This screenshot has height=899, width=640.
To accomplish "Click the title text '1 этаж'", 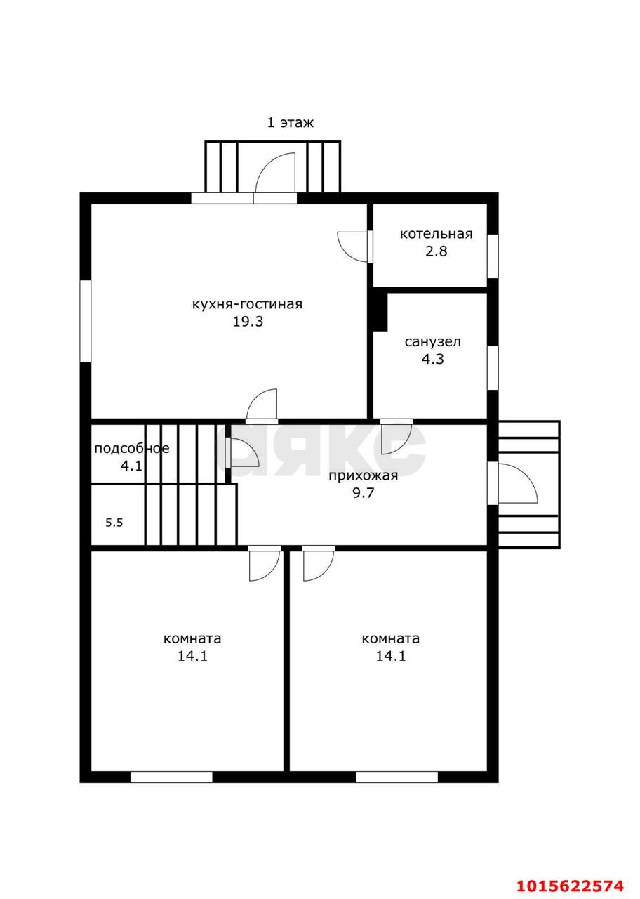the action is [x=291, y=123].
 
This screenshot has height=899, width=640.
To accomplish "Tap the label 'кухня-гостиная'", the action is [x=248, y=304].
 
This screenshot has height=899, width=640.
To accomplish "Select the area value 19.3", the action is [x=248, y=322].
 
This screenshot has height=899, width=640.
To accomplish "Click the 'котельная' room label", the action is [x=436, y=234].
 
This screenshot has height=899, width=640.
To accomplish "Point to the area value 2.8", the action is [x=436, y=251].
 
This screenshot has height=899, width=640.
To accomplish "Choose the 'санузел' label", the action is [x=433, y=342].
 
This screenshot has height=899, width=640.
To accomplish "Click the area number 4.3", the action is [x=433, y=359].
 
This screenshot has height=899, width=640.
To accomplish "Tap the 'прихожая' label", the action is [x=364, y=476].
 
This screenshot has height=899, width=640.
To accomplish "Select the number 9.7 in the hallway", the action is [x=364, y=493].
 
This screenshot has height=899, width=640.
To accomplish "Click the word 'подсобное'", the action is [x=132, y=449].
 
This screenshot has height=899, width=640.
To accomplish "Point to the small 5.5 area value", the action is [x=114, y=523].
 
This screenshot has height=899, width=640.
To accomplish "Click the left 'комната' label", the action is [x=192, y=638].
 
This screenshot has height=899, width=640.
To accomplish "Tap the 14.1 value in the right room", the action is [x=391, y=656].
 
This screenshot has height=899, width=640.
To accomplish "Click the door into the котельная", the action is [x=353, y=247].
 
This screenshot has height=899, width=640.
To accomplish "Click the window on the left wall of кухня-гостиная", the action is [x=86, y=321].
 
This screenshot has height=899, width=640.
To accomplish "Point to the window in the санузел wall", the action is [x=493, y=367].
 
